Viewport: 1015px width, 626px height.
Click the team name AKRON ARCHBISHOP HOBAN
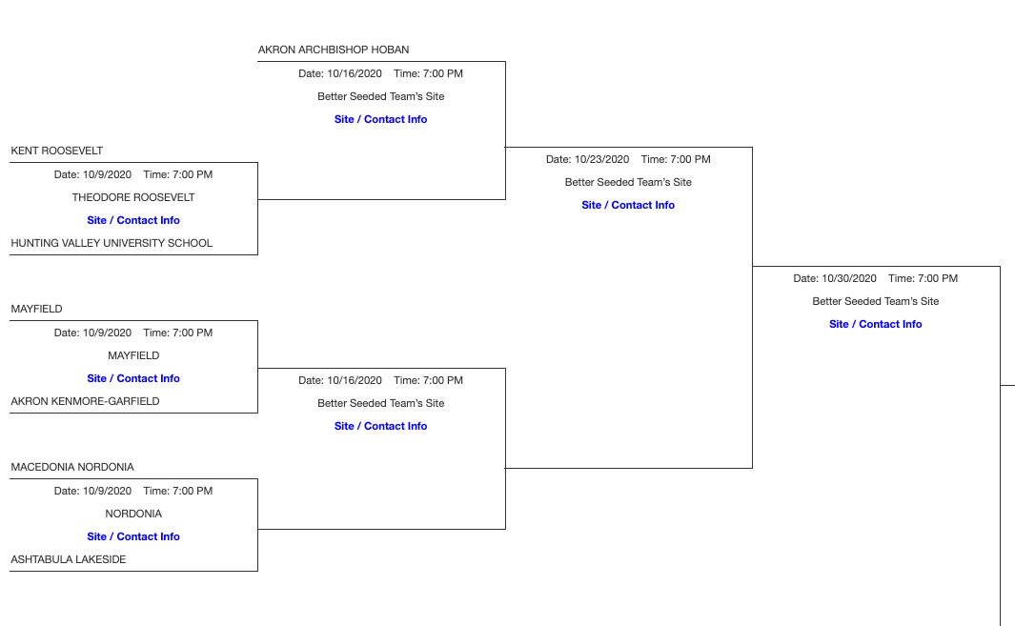click(x=334, y=50)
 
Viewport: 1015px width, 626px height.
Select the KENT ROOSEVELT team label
click(x=57, y=151)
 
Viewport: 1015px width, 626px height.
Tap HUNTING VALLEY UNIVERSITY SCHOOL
click(x=112, y=243)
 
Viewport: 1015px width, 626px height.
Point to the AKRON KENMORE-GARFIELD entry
click(x=85, y=401)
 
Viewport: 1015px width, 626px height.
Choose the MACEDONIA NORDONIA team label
click(x=72, y=467)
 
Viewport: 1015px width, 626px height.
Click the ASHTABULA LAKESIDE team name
click(x=69, y=559)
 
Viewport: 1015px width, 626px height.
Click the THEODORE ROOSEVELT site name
click(x=133, y=197)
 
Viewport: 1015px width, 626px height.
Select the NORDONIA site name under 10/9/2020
click(x=133, y=514)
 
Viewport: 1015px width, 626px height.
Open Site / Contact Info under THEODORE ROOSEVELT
click(x=133, y=220)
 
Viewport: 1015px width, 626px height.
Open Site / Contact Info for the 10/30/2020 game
click(x=876, y=324)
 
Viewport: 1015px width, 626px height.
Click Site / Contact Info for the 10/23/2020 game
click(x=628, y=205)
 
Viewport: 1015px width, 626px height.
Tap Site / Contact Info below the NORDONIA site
click(x=133, y=536)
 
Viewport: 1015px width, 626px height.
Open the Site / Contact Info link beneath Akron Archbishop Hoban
click(x=381, y=119)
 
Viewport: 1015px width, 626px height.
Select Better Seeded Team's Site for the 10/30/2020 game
click(x=876, y=301)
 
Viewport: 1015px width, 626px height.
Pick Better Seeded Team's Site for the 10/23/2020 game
click(x=628, y=182)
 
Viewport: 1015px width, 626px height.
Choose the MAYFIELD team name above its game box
click(x=36, y=309)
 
